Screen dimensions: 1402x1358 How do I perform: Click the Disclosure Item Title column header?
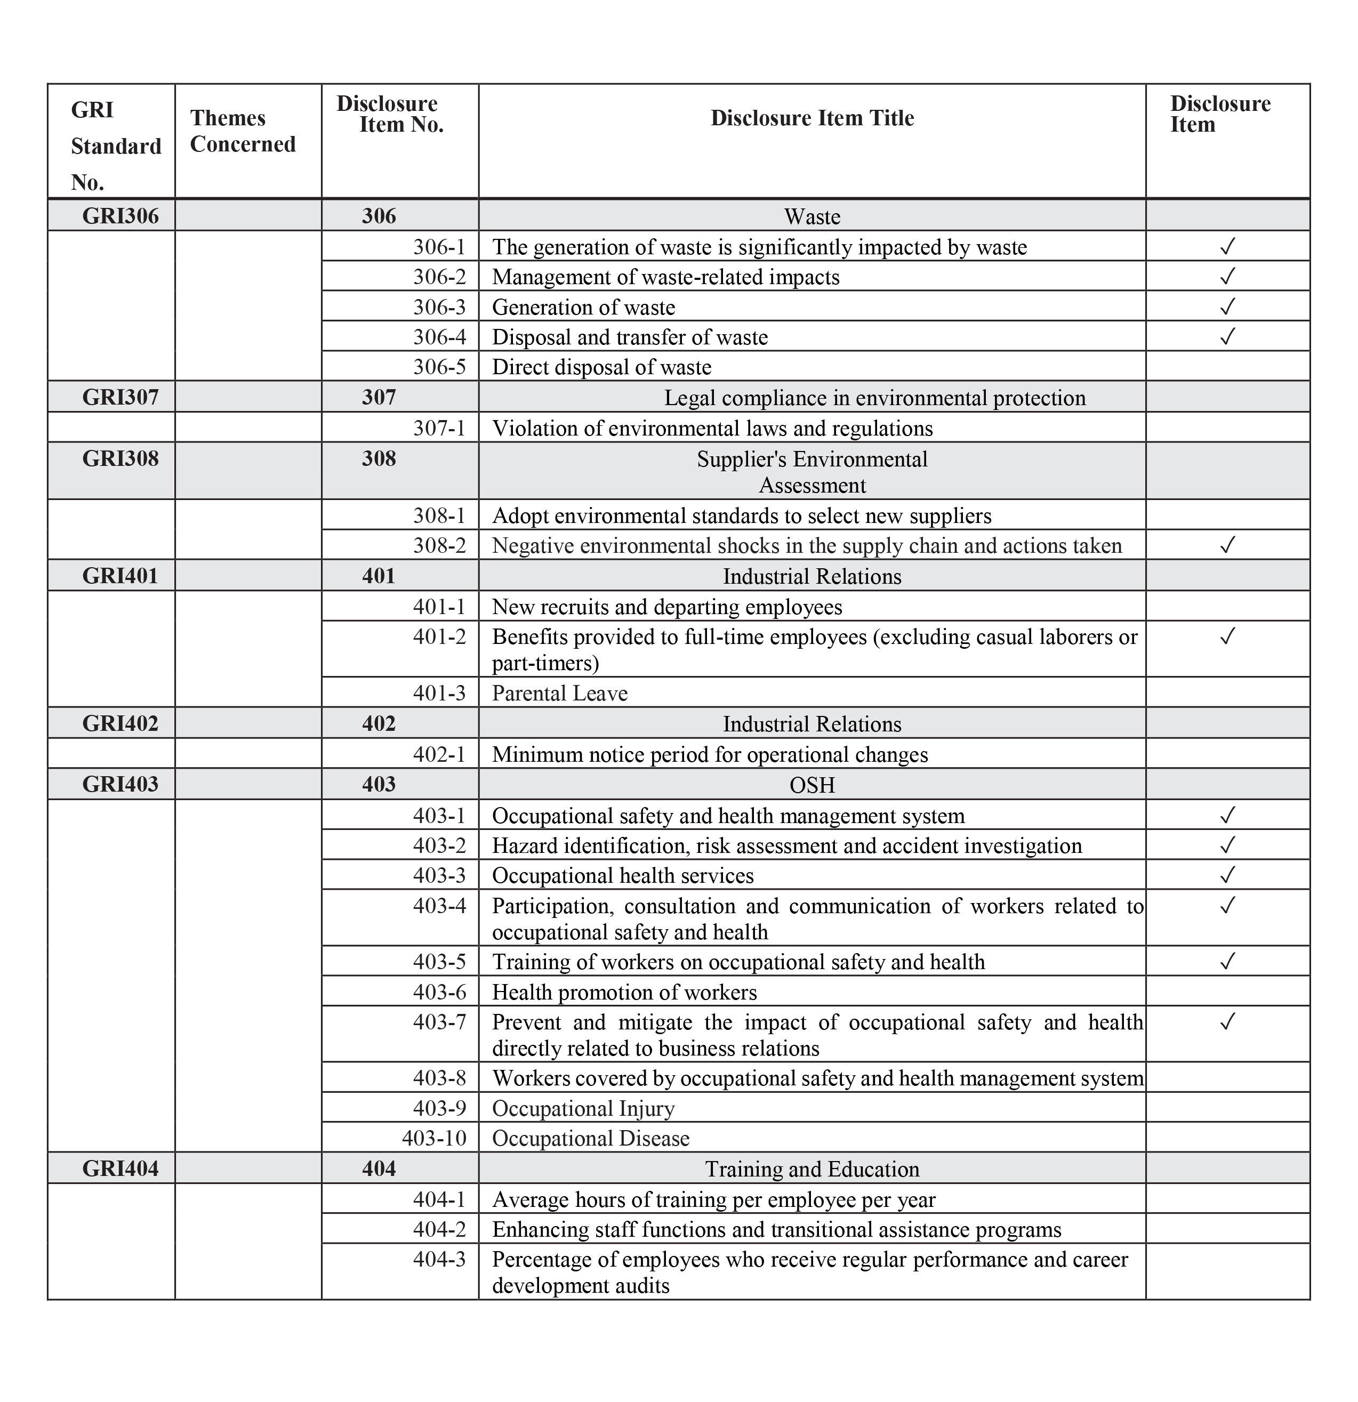click(x=812, y=118)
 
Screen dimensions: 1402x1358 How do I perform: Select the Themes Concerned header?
click(x=243, y=131)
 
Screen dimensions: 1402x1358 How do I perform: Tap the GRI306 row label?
click(x=120, y=216)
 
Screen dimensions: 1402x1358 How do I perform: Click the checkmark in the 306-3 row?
click(x=1227, y=307)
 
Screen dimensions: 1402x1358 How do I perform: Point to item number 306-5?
click(x=439, y=367)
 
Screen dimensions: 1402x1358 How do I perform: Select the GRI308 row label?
click(x=120, y=458)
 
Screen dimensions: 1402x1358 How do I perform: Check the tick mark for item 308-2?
click(x=1227, y=546)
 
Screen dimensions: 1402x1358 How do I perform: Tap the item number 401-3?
click(x=439, y=693)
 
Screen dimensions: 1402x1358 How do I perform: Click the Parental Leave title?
click(x=559, y=693)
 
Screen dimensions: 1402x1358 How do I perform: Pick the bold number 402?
click(x=379, y=724)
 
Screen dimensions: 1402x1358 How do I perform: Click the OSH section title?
click(x=812, y=785)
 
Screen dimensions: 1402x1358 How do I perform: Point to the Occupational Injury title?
click(x=583, y=1109)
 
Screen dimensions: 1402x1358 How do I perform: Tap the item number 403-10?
click(x=435, y=1139)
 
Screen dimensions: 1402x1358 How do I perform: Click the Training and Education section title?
click(x=812, y=1170)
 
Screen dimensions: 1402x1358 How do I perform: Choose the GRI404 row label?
click(x=120, y=1169)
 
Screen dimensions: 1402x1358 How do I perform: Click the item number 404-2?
click(x=439, y=1230)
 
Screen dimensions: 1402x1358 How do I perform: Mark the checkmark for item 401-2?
click(x=1227, y=636)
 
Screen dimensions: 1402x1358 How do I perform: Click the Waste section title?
click(x=812, y=217)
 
